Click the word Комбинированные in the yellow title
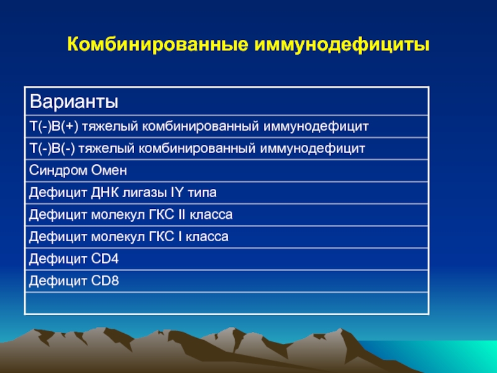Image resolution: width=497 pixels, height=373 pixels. point(158,44)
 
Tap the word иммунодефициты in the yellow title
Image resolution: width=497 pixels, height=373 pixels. point(342,45)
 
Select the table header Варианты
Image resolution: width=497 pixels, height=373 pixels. point(74,101)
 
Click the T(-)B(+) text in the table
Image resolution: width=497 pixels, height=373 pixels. point(54,127)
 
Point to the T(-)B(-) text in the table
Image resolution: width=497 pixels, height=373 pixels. point(52,149)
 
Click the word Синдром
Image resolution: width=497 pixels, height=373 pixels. point(58,170)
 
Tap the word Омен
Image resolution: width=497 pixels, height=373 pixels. point(109,170)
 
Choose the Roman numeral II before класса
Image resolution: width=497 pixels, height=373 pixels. point(181,214)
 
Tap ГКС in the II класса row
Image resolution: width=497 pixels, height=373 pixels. point(162,214)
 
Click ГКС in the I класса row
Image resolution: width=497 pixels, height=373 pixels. point(162,237)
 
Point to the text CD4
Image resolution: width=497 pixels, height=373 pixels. point(105,259)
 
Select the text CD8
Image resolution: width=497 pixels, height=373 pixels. point(105,281)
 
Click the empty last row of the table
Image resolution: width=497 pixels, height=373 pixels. point(227,303)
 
